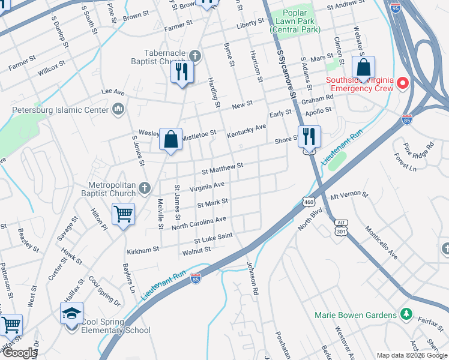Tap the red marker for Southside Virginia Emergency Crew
pyautogui.click(x=403, y=83)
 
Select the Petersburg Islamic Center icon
pyautogui.click(x=118, y=109)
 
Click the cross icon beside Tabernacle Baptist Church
pyautogui.click(x=194, y=56)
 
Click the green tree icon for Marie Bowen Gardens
pyautogui.click(x=406, y=314)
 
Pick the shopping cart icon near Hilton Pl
pyautogui.click(x=123, y=214)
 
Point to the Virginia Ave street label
pyautogui.click(x=207, y=187)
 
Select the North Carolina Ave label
pyautogui.click(x=199, y=223)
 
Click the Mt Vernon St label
pyautogui.click(x=348, y=196)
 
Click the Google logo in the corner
pyautogui.click(x=20, y=352)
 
